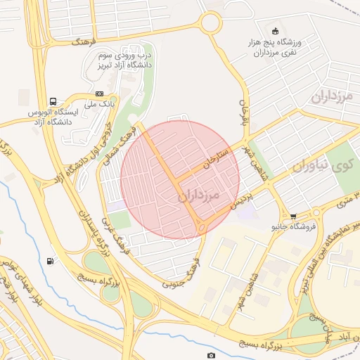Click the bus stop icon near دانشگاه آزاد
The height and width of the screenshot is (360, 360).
(x=53, y=101)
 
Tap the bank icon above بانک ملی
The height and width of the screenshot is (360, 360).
(x=100, y=94)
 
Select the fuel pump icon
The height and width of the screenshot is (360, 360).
(x=50, y=262)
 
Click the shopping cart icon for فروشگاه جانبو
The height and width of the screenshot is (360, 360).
(x=293, y=217)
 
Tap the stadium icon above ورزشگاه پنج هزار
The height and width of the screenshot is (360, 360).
(x=275, y=30)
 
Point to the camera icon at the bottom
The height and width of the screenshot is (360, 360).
(x=211, y=356)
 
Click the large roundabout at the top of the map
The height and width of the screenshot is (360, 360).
(x=210, y=22)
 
